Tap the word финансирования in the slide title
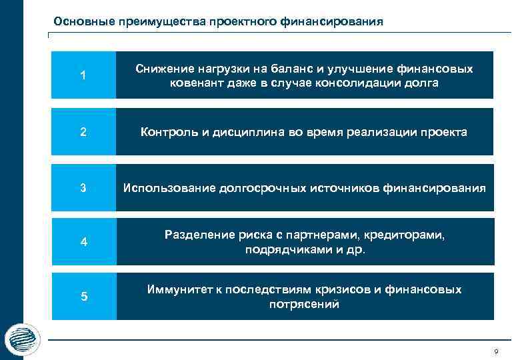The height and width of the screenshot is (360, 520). [336, 21]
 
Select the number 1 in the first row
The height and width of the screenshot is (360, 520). [83, 75]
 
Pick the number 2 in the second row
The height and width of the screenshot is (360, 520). [83, 132]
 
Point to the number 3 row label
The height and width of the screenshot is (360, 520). [83, 188]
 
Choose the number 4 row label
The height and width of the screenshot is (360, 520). [83, 242]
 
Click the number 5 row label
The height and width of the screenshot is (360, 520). [83, 297]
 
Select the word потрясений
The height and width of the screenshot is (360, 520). [304, 305]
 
